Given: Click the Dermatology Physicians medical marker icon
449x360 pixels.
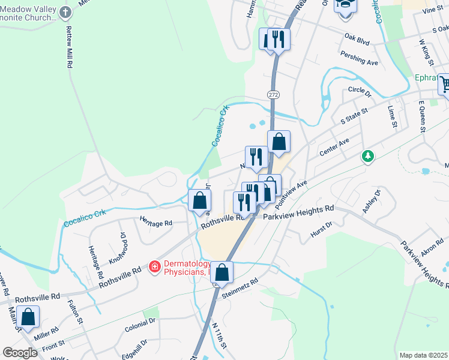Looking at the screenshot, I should click(x=154, y=265).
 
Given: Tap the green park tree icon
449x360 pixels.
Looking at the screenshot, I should click(x=367, y=157).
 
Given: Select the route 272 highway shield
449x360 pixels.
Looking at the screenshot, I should click(x=273, y=95).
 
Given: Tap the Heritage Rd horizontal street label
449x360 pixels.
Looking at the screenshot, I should click(x=156, y=223).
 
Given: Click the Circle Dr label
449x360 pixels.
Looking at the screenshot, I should click(x=360, y=91).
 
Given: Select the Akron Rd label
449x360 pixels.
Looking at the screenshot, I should click(x=432, y=248).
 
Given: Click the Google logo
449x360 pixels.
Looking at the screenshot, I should click(x=20, y=353).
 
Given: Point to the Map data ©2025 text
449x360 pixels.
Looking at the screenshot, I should click(x=423, y=355).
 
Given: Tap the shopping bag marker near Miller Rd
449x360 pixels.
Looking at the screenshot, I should click(x=28, y=316).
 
